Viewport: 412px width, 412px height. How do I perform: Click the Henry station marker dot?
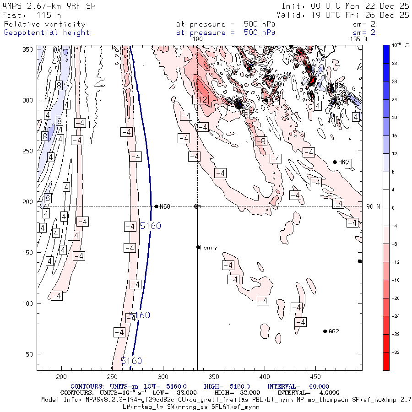[x=198, y=247]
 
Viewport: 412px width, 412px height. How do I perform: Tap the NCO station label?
[x=165, y=207]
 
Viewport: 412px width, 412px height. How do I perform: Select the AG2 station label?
[x=334, y=331]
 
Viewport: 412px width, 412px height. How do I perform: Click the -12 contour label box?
[x=201, y=100]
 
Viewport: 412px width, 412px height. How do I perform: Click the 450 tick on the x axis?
[x=213, y=376]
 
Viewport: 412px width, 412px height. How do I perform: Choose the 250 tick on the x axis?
[x=112, y=376]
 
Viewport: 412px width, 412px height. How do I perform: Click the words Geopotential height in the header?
[x=47, y=33]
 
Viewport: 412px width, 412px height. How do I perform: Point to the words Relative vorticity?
[x=44, y=24]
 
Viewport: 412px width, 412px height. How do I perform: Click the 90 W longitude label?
[x=373, y=207]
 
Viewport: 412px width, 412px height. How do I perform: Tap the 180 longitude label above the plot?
[x=198, y=39]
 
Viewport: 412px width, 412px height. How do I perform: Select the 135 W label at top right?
[x=358, y=39]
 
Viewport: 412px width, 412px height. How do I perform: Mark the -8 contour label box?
[x=260, y=141]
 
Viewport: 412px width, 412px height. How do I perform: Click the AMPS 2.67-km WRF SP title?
[x=49, y=6]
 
